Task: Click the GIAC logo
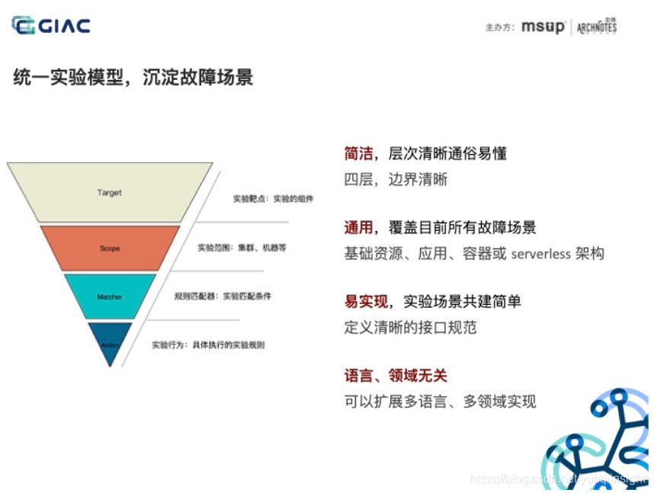click(x=51, y=25)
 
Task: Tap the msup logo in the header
click(x=543, y=27)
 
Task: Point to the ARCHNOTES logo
click(x=596, y=27)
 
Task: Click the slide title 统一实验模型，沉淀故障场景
click(x=133, y=77)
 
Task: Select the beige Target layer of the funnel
click(x=109, y=193)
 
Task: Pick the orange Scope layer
click(x=110, y=248)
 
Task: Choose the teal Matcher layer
click(x=110, y=296)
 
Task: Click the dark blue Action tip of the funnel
click(x=110, y=343)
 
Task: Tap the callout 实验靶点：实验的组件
click(x=273, y=199)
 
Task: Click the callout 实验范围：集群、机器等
click(x=242, y=248)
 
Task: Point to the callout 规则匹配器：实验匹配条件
click(x=223, y=296)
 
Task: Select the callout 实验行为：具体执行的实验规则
click(x=208, y=344)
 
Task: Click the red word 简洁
click(x=358, y=153)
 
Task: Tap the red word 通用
click(x=358, y=227)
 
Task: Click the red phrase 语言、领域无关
click(x=396, y=375)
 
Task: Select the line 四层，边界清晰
click(x=396, y=180)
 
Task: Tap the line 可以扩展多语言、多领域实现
click(x=440, y=401)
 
